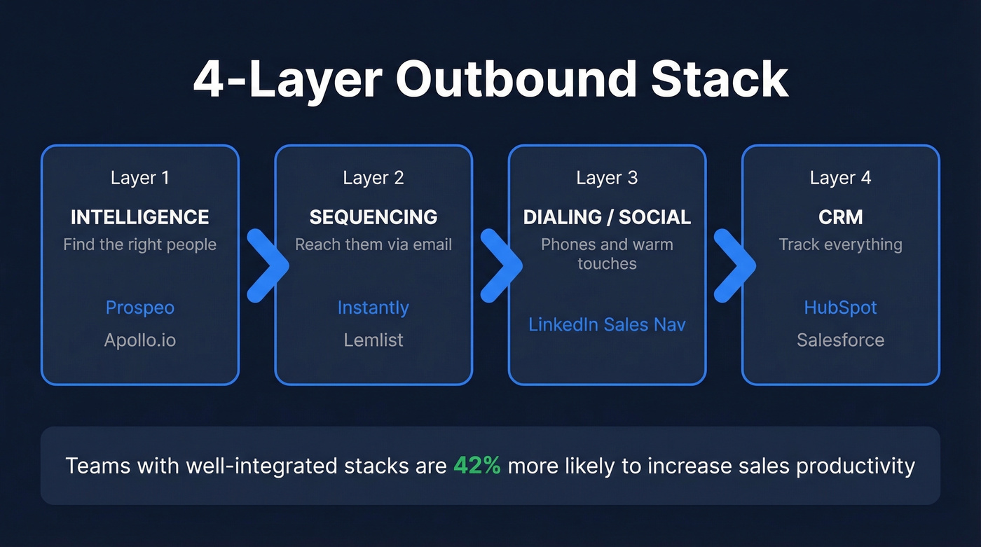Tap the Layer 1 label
140,178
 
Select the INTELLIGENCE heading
140,217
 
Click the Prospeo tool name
140,307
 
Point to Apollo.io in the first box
140,340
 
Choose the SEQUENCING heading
373,217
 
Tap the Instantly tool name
373,307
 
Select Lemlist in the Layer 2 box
373,340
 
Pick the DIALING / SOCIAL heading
607,217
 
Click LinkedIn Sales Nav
607,325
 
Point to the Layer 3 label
607,178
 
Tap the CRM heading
840,217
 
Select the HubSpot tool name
840,307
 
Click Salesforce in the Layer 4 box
840,340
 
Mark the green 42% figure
477,466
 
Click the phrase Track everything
840,244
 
